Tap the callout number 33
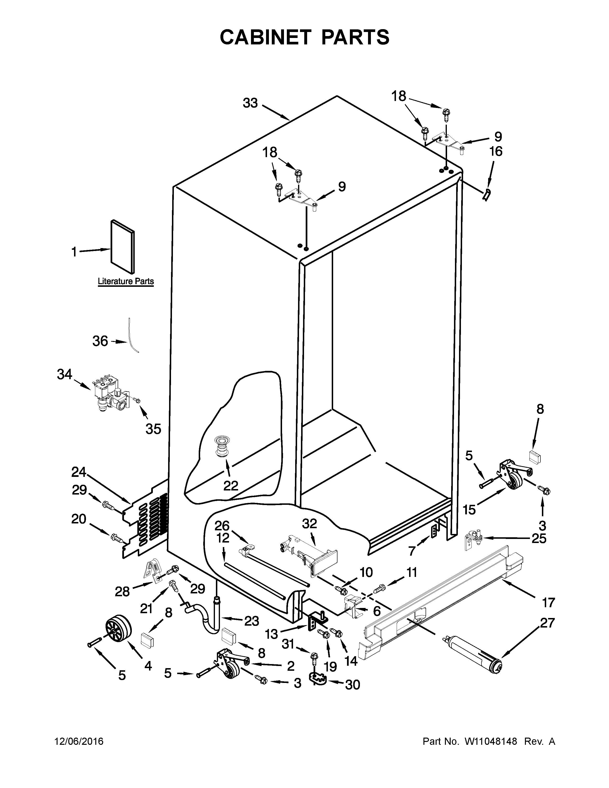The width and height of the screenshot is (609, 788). pyautogui.click(x=250, y=103)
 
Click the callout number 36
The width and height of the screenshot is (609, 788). pyautogui.click(x=100, y=341)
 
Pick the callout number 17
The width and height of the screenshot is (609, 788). pyautogui.click(x=548, y=602)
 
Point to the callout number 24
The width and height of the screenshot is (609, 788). pyautogui.click(x=79, y=472)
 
